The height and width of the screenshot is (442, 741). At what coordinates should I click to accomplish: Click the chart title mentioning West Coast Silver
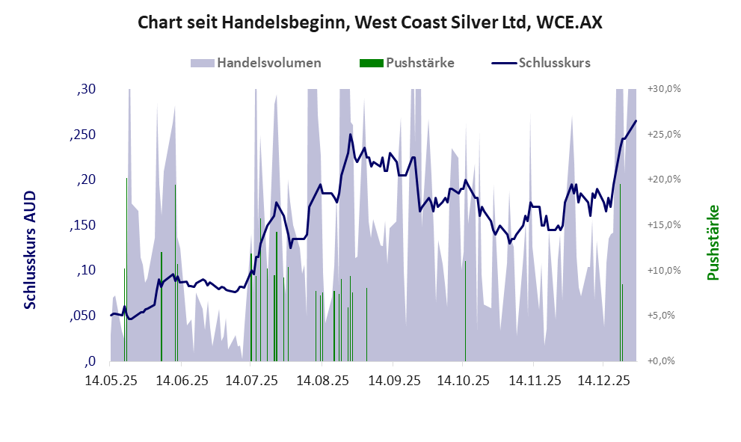pyautogui.click(x=370, y=23)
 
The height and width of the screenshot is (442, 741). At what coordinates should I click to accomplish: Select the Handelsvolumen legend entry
pyautogui.click(x=269, y=63)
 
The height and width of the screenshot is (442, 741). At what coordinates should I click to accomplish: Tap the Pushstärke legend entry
pyautogui.click(x=419, y=63)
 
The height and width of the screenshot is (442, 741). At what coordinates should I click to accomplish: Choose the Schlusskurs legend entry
pyautogui.click(x=554, y=63)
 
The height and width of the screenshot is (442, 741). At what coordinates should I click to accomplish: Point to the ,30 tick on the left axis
pyautogui.click(x=87, y=89)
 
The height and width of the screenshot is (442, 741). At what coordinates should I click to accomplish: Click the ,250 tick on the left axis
pyautogui.click(x=83, y=135)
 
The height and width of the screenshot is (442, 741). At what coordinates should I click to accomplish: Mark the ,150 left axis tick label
pyautogui.click(x=83, y=225)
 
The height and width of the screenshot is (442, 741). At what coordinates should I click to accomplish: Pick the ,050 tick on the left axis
pyautogui.click(x=83, y=316)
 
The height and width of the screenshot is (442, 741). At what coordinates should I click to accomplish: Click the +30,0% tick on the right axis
pyautogui.click(x=665, y=89)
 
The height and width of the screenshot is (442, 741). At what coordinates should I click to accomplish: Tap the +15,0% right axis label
pyautogui.click(x=665, y=225)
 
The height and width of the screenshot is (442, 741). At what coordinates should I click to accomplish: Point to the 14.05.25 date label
pyautogui.click(x=111, y=381)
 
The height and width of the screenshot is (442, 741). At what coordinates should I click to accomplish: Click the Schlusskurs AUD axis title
pyautogui.click(x=31, y=249)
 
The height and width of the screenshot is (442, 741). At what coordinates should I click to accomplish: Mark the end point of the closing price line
pyautogui.click(x=636, y=120)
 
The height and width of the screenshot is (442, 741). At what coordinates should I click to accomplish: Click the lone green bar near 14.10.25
pyautogui.click(x=465, y=310)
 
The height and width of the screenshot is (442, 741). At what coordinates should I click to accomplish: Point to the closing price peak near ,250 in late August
pyautogui.click(x=350, y=135)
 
